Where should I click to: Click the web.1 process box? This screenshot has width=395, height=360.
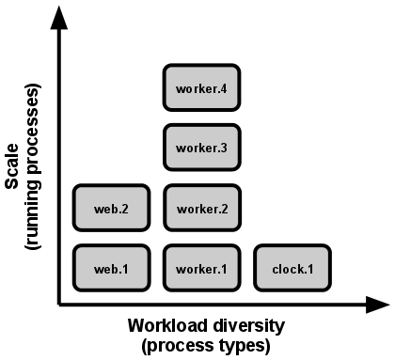(111, 268)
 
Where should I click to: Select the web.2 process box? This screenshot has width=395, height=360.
(111, 208)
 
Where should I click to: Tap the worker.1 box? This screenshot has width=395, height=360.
(202, 268)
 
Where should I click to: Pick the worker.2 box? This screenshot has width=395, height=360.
(202, 208)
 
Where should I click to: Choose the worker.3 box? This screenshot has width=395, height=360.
(202, 148)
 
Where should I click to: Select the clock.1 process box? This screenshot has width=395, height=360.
(292, 268)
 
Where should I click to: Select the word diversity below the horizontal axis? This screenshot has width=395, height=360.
(241, 328)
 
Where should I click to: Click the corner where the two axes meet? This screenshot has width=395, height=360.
(60, 304)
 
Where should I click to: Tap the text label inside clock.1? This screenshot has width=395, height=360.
(292, 269)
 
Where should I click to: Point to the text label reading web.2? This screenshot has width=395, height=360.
(111, 209)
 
